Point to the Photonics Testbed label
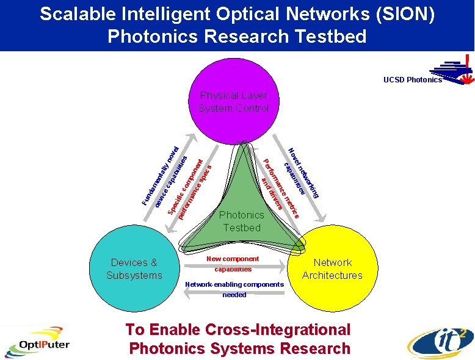pos(242,221)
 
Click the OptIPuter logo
pos(37,345)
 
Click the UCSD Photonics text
pos(412,80)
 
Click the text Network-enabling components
pos(234,284)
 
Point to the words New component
pos(233,259)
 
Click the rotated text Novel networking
pos(305,173)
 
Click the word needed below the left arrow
pos(234,295)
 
